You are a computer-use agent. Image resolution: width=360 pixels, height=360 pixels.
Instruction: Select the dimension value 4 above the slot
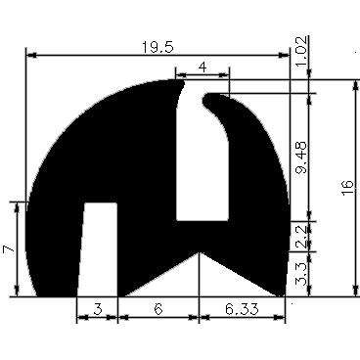[x=202, y=66]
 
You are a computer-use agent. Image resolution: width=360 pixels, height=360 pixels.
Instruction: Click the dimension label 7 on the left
[x=9, y=249]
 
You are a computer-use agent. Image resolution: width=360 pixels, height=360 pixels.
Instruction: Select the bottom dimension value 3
[x=96, y=310]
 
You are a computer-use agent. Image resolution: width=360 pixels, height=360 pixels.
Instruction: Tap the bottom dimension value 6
[x=157, y=310]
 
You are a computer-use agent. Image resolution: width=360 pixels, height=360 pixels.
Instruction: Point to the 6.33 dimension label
[x=242, y=310]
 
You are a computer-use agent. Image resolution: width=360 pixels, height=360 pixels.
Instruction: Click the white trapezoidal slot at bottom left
[x=98, y=249]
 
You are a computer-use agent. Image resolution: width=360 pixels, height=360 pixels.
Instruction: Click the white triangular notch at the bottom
[x=199, y=279]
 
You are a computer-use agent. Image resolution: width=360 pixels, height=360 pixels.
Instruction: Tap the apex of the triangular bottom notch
[x=200, y=253]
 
